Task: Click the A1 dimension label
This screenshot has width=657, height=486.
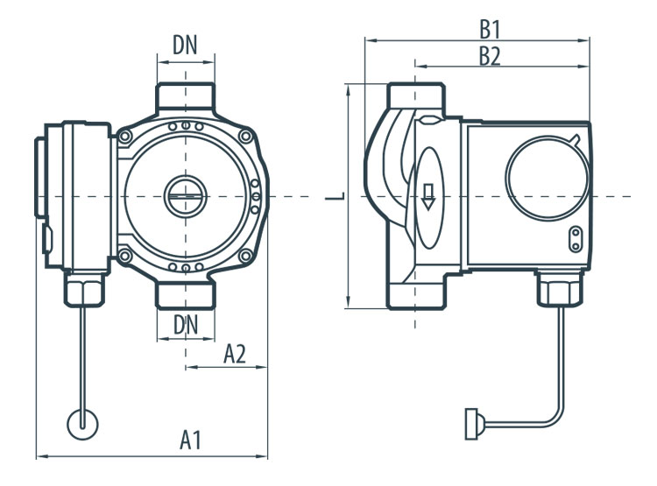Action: click(191, 440)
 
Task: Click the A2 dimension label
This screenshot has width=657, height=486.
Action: click(235, 354)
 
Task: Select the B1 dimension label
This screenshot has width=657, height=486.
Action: click(490, 29)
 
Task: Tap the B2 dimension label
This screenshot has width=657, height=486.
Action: click(490, 56)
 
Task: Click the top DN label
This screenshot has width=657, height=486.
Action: click(185, 46)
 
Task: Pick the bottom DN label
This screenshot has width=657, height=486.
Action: click(185, 325)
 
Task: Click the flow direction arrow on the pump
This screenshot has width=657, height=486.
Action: click(427, 196)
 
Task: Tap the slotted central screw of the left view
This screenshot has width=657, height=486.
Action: click(185, 196)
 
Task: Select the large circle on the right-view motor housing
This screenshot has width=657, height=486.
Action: click(547, 178)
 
